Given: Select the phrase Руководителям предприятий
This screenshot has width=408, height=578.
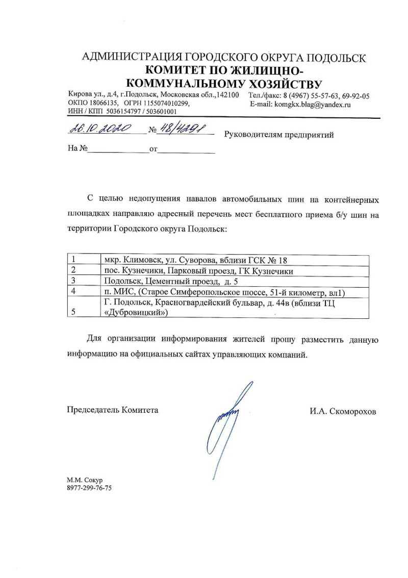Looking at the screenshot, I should (x=278, y=135).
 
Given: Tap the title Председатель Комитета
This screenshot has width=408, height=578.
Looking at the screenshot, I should (x=113, y=410).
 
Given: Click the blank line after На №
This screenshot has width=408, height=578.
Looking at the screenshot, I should (x=117, y=151).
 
